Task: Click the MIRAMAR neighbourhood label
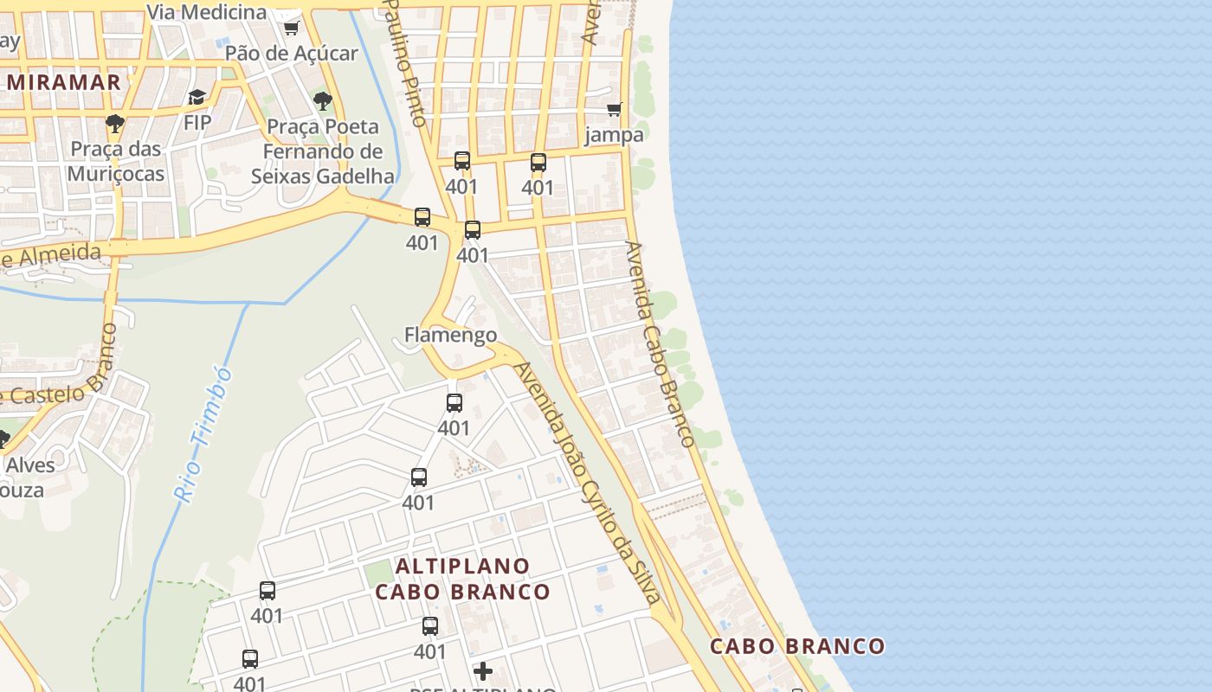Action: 64,82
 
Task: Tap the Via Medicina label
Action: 207,12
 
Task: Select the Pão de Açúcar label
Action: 291,54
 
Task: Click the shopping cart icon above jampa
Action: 615,110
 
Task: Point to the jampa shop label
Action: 615,135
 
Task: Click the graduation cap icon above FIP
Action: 197,98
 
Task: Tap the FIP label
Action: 197,123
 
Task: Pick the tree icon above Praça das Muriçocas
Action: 115,124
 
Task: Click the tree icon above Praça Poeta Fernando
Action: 323,101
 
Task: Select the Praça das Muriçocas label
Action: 116,162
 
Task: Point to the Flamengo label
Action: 450,335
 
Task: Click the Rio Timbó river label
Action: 203,435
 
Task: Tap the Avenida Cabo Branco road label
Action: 661,343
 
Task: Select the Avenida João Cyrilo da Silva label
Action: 588,482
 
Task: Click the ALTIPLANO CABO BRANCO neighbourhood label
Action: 462,579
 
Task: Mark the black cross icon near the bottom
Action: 483,670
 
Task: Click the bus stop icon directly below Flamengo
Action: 455,403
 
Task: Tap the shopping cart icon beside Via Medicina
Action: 291,28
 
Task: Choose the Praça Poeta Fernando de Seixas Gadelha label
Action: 322,151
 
